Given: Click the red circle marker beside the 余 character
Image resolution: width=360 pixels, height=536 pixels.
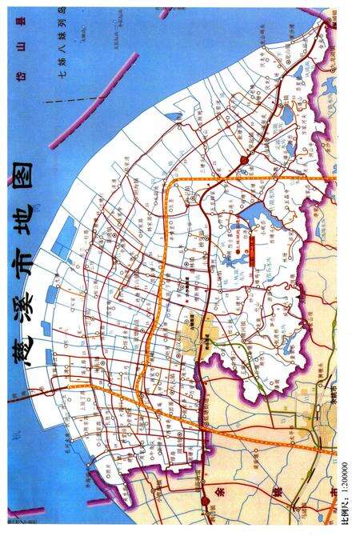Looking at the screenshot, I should point(206,498).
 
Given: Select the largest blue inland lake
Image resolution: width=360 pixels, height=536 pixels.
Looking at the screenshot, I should point(254,214).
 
